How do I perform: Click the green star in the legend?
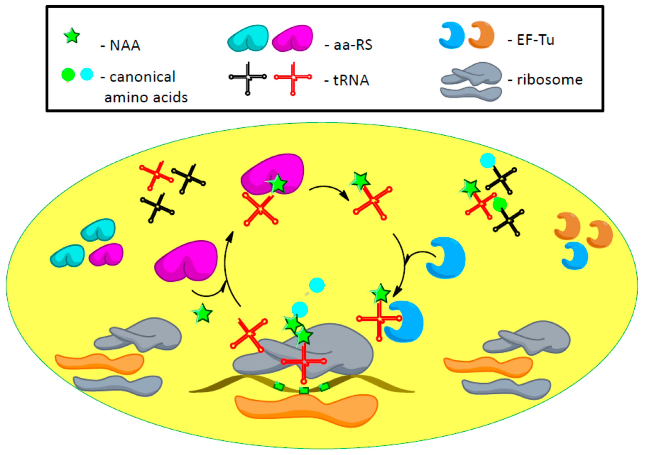[x=72, y=36]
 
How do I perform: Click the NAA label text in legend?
[x=125, y=45]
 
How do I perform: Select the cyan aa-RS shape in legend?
[x=248, y=38]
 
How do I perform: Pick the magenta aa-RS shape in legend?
[x=292, y=38]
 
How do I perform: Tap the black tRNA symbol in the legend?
[x=247, y=77]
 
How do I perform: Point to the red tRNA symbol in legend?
[x=293, y=77]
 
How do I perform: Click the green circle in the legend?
[x=68, y=75]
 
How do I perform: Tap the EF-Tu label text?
[x=535, y=40]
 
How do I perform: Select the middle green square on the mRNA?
[x=304, y=390]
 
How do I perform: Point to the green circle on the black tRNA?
[x=499, y=204]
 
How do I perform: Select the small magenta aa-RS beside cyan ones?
[x=106, y=255]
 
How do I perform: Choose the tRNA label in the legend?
[x=351, y=80]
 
